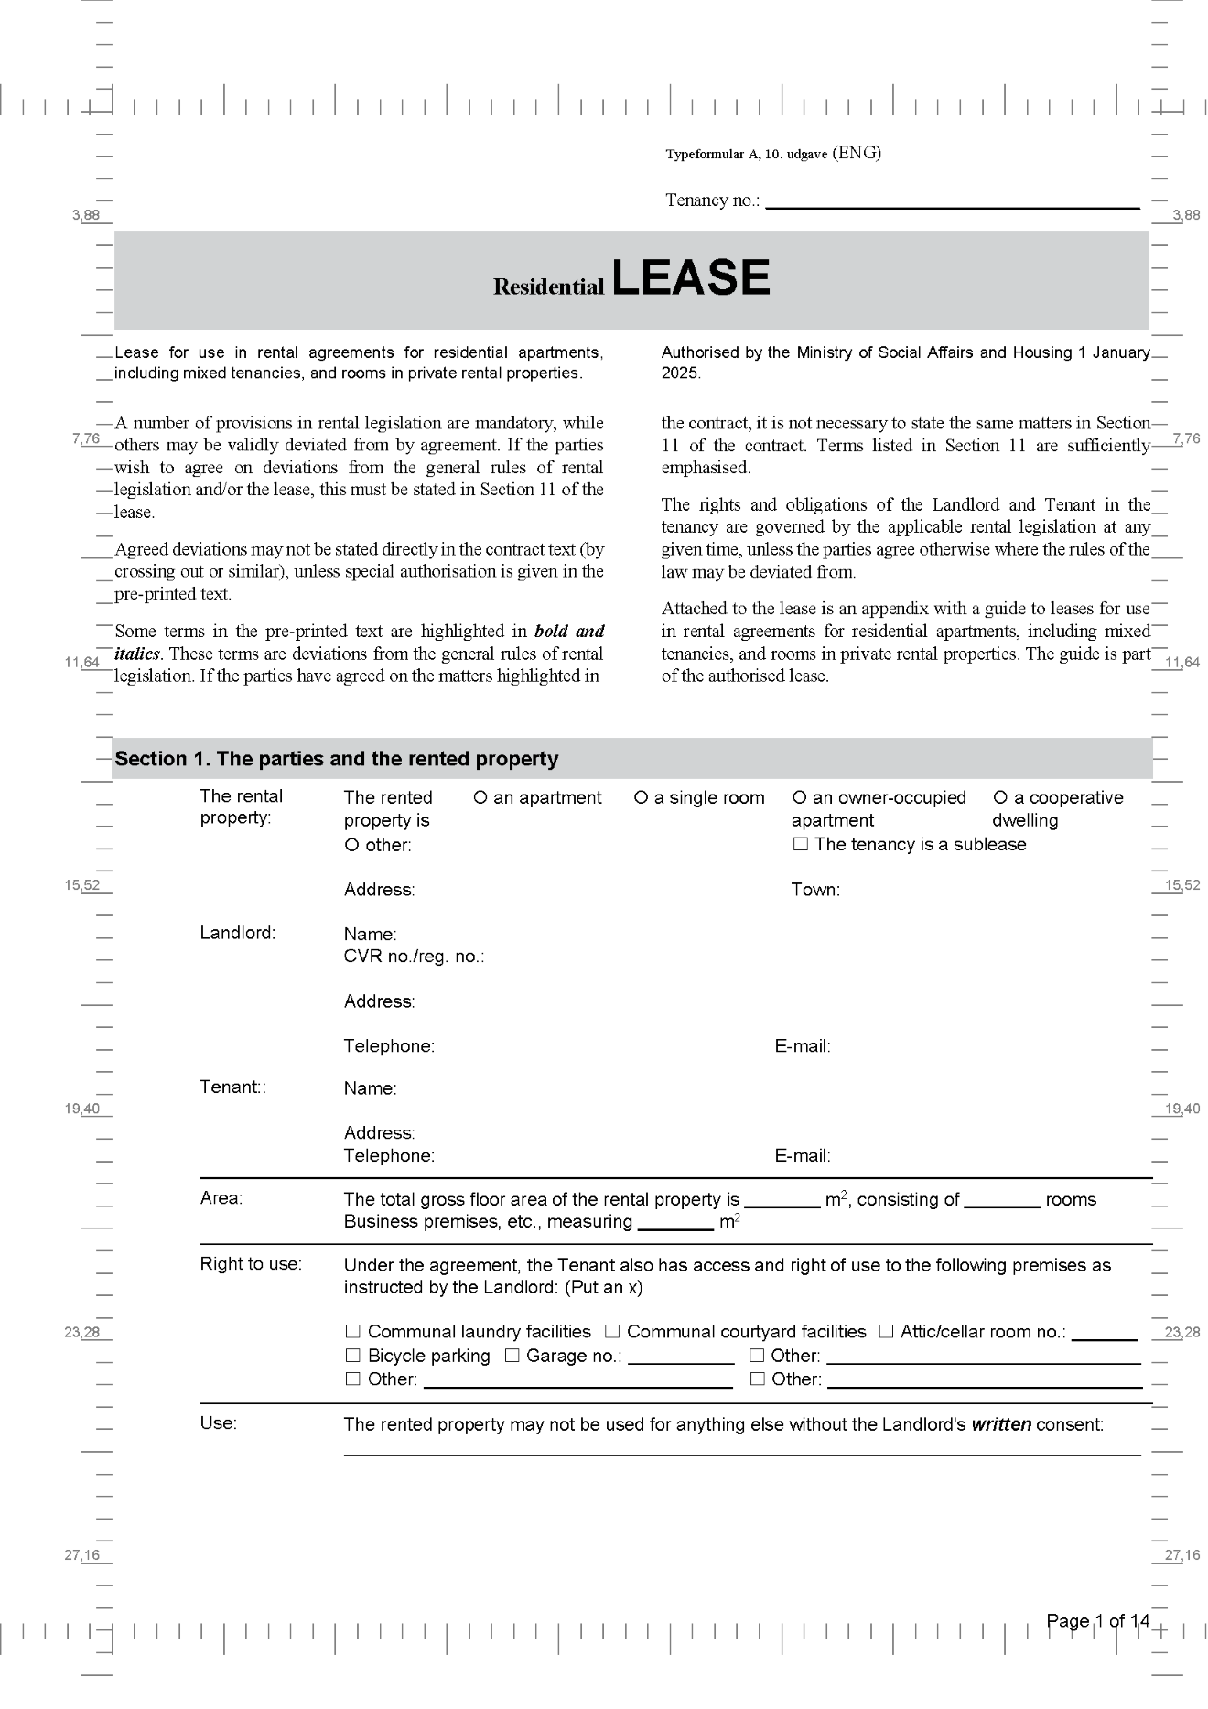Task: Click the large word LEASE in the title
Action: point(690,277)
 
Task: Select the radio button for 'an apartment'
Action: point(480,797)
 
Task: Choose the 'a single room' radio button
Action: point(641,797)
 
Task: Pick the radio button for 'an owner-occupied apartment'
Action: point(799,797)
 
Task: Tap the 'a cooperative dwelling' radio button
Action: point(1000,797)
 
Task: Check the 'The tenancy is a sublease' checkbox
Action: point(800,844)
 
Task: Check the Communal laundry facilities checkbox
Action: point(352,1332)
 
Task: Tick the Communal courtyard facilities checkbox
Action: point(612,1332)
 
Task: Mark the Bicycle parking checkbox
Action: point(352,1356)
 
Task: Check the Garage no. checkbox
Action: point(512,1356)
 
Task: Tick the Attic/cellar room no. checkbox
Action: point(886,1332)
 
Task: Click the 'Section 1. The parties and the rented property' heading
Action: point(336,759)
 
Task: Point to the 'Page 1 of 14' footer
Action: point(1097,1621)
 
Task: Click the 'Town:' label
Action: point(815,890)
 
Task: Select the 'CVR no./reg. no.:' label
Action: point(414,957)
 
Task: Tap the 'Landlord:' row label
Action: point(237,933)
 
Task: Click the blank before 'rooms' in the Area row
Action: point(1001,1200)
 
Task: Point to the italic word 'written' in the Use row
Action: point(1001,1424)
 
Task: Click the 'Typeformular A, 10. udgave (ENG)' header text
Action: point(773,154)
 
